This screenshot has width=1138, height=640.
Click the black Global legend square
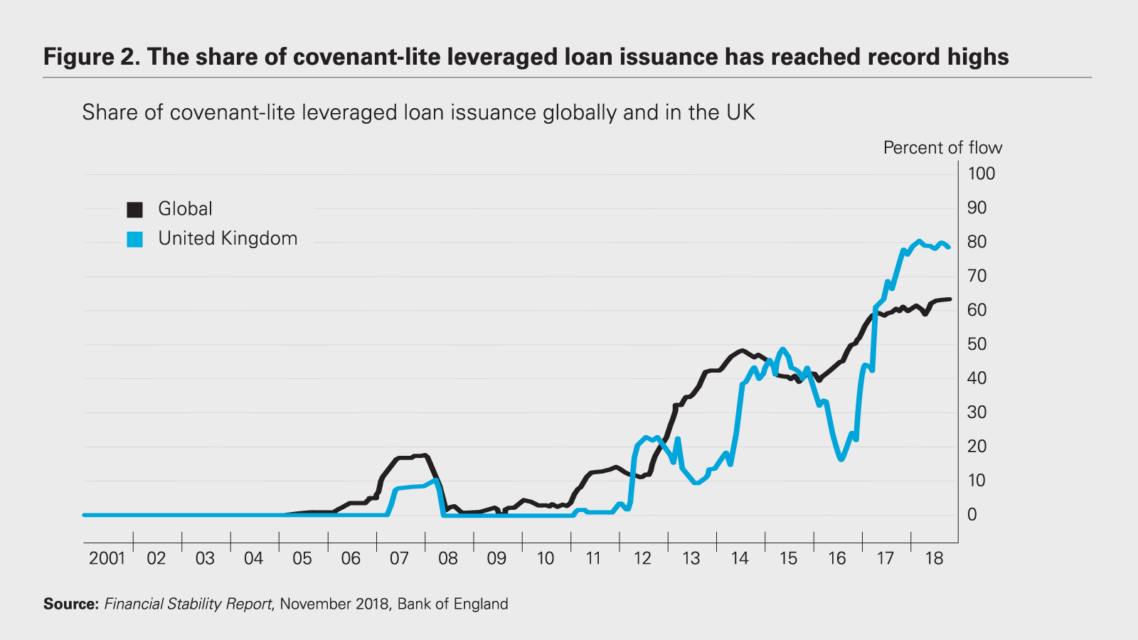click(135, 210)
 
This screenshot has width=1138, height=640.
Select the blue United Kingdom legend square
click(135, 240)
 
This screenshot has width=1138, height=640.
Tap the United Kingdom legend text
click(228, 239)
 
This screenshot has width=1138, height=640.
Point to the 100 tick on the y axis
click(981, 174)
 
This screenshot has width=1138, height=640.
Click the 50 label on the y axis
click(977, 344)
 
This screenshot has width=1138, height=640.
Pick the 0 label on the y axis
click(972, 515)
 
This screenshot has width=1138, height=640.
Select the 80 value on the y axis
click(977, 242)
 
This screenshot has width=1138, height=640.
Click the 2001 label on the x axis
click(107, 559)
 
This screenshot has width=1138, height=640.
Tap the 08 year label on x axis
click(448, 559)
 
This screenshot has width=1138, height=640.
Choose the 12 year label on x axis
click(642, 559)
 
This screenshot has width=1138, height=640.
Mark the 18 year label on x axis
click(934, 559)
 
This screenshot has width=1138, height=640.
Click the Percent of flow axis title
click(942, 148)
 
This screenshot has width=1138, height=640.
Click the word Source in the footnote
click(70, 604)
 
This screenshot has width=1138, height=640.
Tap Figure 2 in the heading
click(92, 58)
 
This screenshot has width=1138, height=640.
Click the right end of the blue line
click(949, 247)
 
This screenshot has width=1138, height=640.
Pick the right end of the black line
click(950, 299)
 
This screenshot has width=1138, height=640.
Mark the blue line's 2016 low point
click(841, 459)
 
